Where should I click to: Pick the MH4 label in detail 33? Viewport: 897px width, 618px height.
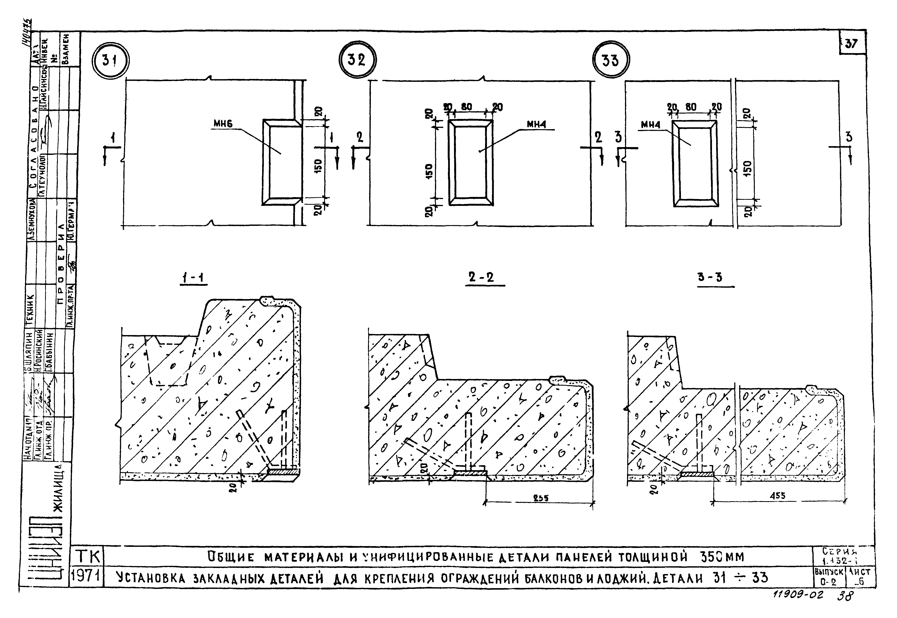[651, 125]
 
